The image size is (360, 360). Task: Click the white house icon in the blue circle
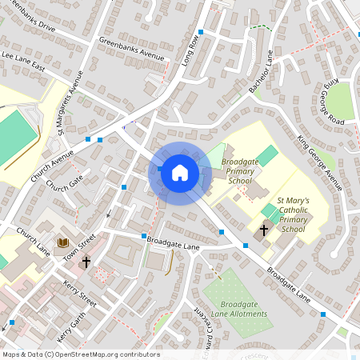pyautogui.click(x=179, y=172)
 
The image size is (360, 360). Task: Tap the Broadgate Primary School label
pyautogui.click(x=240, y=171)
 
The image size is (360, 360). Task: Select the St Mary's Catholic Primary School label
pyautogui.click(x=291, y=215)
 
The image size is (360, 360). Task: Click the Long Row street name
pyautogui.click(x=190, y=51)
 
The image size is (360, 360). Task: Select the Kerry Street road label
pyautogui.click(x=82, y=294)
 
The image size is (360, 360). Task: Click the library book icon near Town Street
pyautogui.click(x=62, y=242)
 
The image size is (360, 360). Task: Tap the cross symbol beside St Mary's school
pyautogui.click(x=264, y=230)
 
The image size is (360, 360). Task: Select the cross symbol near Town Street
pyautogui.click(x=86, y=262)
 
